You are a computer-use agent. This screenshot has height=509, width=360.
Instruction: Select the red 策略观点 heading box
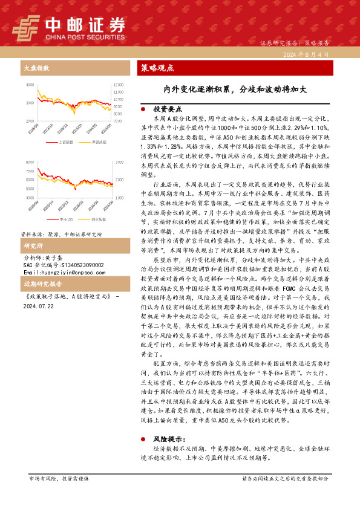pos(157,68)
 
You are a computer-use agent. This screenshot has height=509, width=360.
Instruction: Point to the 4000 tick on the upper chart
pos(30,85)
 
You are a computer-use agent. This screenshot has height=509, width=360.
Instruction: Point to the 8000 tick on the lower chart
pos(30,163)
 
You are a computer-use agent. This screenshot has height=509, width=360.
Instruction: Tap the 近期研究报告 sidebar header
pos(42,284)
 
